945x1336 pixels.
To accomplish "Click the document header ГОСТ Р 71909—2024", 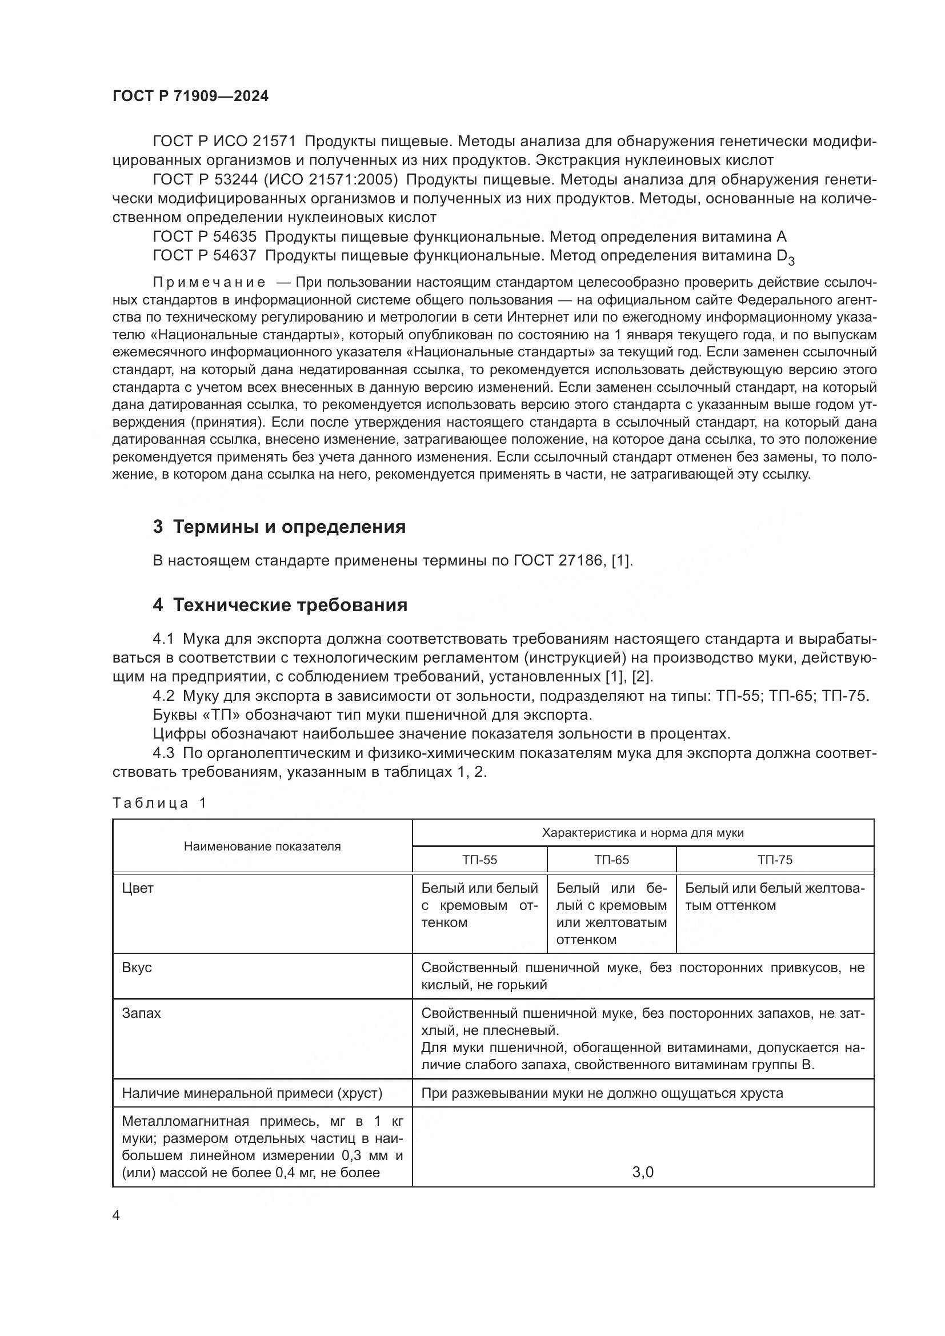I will pyautogui.click(x=190, y=97).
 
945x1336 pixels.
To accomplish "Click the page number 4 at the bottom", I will pyautogui.click(x=117, y=1215).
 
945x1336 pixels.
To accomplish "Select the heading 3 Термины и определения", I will pyautogui.click(x=279, y=527).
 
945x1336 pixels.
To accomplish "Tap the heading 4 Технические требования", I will pyautogui.click(x=279, y=605).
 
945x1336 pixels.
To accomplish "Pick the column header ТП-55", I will pyautogui.click(x=479, y=860).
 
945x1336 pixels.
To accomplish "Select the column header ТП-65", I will pyautogui.click(x=611, y=860).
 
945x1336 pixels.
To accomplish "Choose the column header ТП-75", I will pyautogui.click(x=775, y=860).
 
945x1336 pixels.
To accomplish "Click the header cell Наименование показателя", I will pyautogui.click(x=262, y=846).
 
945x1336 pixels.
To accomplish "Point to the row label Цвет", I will pyautogui.click(x=138, y=888).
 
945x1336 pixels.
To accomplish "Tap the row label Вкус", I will pyautogui.click(x=137, y=967).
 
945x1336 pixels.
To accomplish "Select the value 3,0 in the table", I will pyautogui.click(x=642, y=1172).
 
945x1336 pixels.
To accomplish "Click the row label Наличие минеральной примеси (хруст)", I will pyautogui.click(x=252, y=1093).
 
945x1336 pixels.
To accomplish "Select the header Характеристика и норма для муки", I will pyautogui.click(x=642, y=833).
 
